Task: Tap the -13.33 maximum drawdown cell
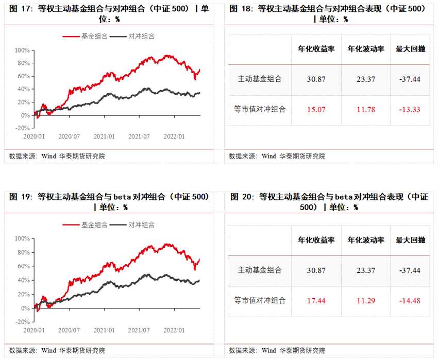coord(410,110)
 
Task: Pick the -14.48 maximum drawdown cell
coord(410,300)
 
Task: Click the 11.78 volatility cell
coord(365,110)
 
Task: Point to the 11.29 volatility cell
coord(365,300)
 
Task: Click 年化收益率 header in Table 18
coord(316,49)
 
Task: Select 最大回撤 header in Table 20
coord(410,241)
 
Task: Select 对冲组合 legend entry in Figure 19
coord(141,225)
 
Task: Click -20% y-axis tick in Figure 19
coord(22,321)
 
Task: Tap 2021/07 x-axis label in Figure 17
coord(139,136)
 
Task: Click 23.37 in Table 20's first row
coord(365,270)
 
